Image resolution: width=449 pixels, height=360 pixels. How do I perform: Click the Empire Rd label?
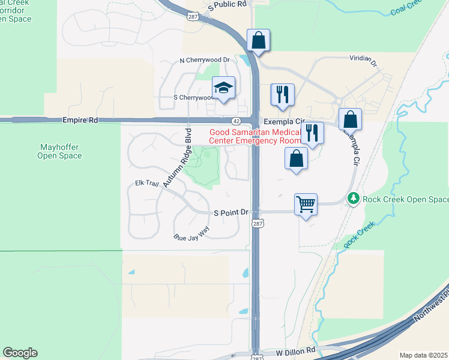(80, 121)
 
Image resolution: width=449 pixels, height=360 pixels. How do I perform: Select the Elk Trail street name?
(147, 184)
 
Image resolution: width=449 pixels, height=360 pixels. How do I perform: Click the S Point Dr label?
(231, 212)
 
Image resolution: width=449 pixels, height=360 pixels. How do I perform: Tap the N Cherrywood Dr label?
(205, 61)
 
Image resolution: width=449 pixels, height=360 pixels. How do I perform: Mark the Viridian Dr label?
(363, 61)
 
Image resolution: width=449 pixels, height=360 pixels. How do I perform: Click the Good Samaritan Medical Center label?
(254, 136)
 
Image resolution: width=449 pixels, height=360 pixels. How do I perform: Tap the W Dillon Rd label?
(296, 350)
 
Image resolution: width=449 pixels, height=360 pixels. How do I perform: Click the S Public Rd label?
(228, 4)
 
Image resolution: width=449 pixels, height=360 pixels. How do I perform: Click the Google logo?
(20, 353)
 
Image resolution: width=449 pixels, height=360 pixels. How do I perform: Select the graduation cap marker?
(224, 89)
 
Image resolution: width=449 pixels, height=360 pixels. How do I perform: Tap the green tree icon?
(354, 198)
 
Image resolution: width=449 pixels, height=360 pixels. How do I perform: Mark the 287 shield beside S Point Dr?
(256, 223)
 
